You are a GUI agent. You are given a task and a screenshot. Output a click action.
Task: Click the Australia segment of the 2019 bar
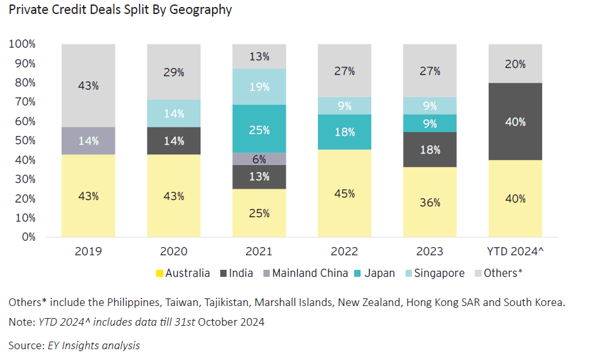(x=88, y=196)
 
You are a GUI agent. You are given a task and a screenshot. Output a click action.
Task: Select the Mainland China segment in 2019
(x=88, y=141)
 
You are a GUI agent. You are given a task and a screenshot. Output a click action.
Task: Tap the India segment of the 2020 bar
(x=174, y=141)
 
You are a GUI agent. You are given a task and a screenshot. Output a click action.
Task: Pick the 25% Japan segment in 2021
(x=259, y=129)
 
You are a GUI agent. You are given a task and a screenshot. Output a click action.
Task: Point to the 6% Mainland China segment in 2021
(x=259, y=159)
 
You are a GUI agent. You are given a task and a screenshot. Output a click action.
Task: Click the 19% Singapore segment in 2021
(x=259, y=86)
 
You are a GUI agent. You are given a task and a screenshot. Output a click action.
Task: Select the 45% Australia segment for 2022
(x=345, y=193)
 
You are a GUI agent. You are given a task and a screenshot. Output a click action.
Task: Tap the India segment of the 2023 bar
(x=430, y=150)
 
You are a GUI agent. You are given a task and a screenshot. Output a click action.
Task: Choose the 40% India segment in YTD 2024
(x=515, y=121)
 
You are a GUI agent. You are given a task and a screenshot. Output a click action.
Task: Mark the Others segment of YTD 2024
(x=515, y=63)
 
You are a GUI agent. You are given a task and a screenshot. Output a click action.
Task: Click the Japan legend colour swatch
(x=357, y=274)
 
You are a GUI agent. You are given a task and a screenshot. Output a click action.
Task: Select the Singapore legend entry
(x=435, y=273)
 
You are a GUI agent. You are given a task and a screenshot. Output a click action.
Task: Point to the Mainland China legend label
(x=310, y=273)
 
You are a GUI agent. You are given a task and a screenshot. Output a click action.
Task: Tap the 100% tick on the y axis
(x=22, y=44)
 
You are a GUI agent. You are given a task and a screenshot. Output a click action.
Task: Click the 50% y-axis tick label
(x=25, y=140)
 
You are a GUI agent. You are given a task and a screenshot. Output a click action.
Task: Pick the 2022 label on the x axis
(x=345, y=251)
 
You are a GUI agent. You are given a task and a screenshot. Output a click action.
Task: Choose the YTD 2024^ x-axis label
(x=515, y=251)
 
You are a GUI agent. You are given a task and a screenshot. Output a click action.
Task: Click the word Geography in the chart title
(x=201, y=10)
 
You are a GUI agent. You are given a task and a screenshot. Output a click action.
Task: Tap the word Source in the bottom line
(x=26, y=345)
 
